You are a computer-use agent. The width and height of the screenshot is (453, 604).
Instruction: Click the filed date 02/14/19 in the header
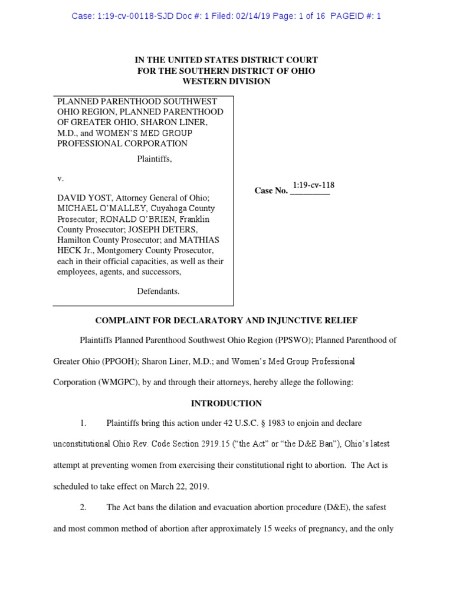click(x=253, y=16)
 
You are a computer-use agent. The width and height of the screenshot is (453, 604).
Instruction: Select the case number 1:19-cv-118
click(x=313, y=185)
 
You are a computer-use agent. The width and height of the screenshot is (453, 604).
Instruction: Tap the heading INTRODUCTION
click(x=226, y=403)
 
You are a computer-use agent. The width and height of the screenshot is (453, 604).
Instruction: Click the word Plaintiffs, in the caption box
click(x=155, y=159)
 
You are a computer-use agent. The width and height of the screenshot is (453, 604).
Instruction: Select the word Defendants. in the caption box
click(x=158, y=291)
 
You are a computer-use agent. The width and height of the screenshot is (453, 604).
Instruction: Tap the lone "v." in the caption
click(x=60, y=178)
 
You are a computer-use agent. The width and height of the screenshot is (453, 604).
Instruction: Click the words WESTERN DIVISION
click(x=226, y=81)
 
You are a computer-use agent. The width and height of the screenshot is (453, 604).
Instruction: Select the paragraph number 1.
click(x=84, y=424)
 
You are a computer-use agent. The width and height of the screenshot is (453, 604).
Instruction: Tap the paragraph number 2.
click(x=84, y=507)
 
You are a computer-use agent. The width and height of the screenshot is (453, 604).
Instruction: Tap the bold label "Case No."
click(x=271, y=191)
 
